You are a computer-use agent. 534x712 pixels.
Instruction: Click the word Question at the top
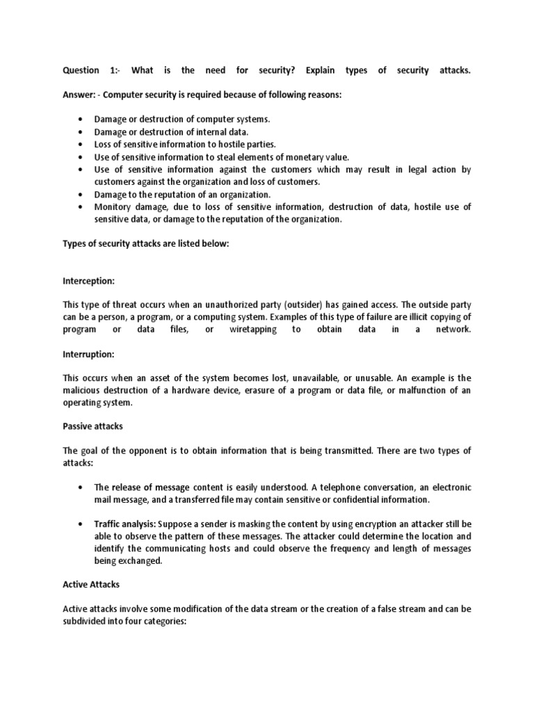(x=81, y=71)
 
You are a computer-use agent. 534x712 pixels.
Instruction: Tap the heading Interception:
(x=89, y=282)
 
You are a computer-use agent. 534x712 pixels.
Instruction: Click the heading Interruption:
(x=89, y=354)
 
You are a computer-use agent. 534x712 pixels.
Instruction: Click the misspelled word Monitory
(x=113, y=207)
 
